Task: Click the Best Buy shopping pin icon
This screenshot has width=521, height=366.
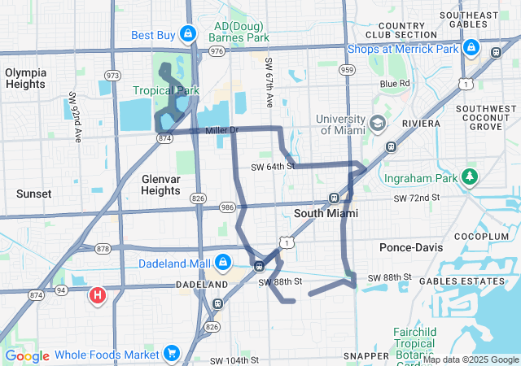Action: pyautogui.click(x=188, y=34)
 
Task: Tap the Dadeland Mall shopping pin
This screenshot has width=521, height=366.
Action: pyautogui.click(x=221, y=263)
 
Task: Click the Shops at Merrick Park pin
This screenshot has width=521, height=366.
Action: pyautogui.click(x=470, y=49)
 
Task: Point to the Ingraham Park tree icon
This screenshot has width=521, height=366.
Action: pyautogui.click(x=469, y=176)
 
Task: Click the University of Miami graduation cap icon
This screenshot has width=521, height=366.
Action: pyautogui.click(x=377, y=124)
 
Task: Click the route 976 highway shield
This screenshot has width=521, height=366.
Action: pyautogui.click(x=217, y=50)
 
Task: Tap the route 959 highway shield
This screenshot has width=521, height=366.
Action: pyautogui.click(x=348, y=71)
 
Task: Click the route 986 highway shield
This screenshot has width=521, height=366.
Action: pyautogui.click(x=225, y=208)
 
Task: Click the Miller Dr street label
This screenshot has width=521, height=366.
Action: pyautogui.click(x=221, y=130)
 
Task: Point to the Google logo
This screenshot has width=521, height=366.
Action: pyautogui.click(x=27, y=356)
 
